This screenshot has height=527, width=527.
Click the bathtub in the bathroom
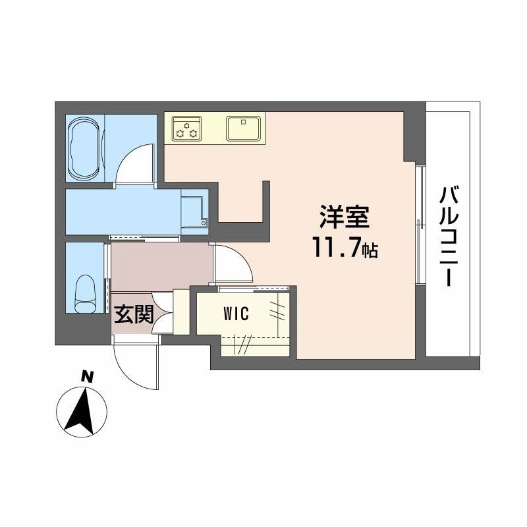pos(85,149)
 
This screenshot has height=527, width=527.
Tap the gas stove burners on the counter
pos(187,128)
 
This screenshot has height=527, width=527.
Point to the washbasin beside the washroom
pos(195,210)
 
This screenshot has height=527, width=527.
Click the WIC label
pos(235,314)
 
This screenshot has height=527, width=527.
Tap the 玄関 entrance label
pos(134,315)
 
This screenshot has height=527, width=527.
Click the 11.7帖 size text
pos(345,248)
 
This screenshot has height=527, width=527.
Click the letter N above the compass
pos(86,377)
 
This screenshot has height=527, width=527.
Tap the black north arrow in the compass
pos(82,412)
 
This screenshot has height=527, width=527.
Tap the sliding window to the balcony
pos(419,224)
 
